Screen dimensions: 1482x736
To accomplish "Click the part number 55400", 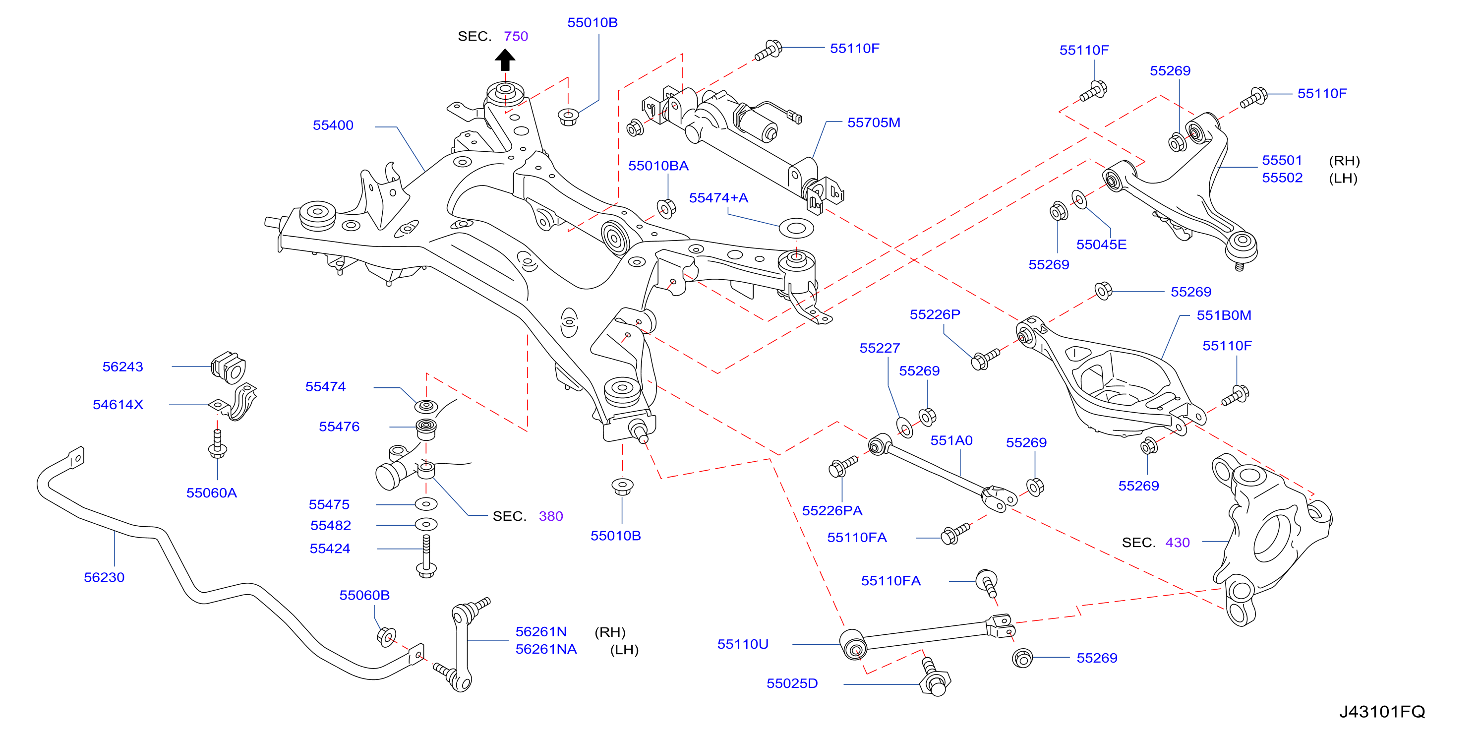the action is (333, 125).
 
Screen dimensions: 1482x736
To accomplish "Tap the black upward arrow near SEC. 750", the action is (505, 60).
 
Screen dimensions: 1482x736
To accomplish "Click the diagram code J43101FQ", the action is (1382, 712).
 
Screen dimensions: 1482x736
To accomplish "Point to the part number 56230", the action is (104, 577).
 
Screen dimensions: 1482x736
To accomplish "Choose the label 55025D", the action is (792, 683).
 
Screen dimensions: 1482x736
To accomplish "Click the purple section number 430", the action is (1177, 543).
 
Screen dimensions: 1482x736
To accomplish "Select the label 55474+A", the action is (718, 198).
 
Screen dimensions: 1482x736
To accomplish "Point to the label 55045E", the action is (1101, 245).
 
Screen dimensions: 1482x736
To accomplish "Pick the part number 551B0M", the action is (1224, 315).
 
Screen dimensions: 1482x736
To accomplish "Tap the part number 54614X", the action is (118, 405).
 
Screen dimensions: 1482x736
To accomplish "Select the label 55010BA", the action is (658, 166).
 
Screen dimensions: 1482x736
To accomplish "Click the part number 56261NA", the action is (546, 649).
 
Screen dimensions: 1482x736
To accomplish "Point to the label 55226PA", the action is (832, 510).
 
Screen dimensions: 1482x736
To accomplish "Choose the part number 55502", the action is (1282, 178).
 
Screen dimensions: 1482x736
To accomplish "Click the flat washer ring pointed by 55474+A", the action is (796, 228).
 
